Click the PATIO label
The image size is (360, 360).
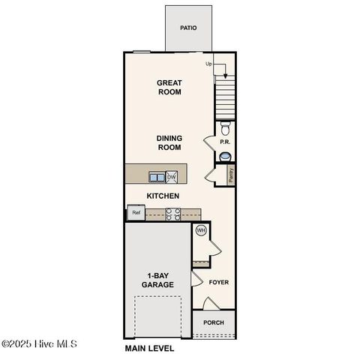[x=188, y=28]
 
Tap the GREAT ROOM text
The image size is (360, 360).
[x=169, y=87]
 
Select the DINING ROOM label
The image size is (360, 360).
[x=169, y=142]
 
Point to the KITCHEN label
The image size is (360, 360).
[x=162, y=196]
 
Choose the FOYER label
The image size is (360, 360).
[x=218, y=283]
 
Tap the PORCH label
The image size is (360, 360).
[x=214, y=323]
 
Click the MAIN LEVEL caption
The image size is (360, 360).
[x=149, y=349]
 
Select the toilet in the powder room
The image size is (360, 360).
[x=225, y=127]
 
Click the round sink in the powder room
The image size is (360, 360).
[x=225, y=156]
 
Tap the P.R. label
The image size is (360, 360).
[x=223, y=142]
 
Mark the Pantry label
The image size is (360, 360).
[x=231, y=175]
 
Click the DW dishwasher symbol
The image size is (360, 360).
[x=172, y=177]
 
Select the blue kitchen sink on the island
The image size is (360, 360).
[x=157, y=177]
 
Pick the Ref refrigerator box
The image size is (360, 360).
[x=136, y=213]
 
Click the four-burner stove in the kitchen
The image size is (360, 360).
[x=172, y=214]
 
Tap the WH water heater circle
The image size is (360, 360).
[x=200, y=231]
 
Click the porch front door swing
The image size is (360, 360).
[x=211, y=303]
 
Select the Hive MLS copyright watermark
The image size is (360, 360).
[x=39, y=344]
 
